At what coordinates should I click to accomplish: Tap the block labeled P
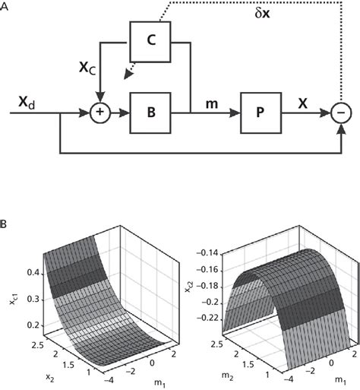(x=260, y=112)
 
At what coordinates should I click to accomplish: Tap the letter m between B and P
(x=206, y=100)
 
